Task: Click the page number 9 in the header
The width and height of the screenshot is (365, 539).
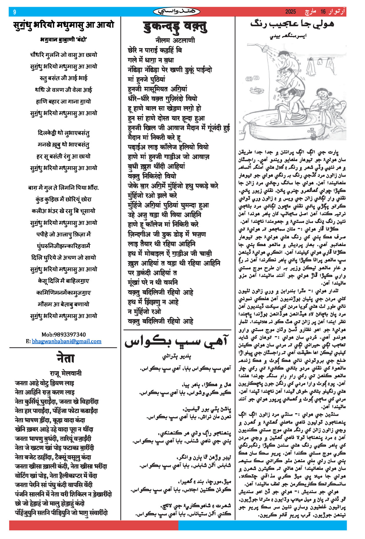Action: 14,12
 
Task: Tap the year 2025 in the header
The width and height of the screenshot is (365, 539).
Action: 290,12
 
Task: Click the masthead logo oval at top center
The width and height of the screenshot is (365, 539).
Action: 177,12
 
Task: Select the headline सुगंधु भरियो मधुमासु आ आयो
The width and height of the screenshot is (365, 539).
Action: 64,25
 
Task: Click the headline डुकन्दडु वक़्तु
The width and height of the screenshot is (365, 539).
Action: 175,27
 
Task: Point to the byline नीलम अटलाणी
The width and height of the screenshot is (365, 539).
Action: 175,40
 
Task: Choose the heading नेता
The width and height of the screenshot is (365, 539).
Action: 65,359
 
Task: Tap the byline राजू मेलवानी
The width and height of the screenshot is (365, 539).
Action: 66,373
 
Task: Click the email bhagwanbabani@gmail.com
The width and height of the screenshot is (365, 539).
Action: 67,341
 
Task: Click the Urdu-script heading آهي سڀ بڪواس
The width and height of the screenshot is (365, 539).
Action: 177,342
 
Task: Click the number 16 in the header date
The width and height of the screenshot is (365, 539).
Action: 323,12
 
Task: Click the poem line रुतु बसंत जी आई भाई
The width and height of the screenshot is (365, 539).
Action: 63,78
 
